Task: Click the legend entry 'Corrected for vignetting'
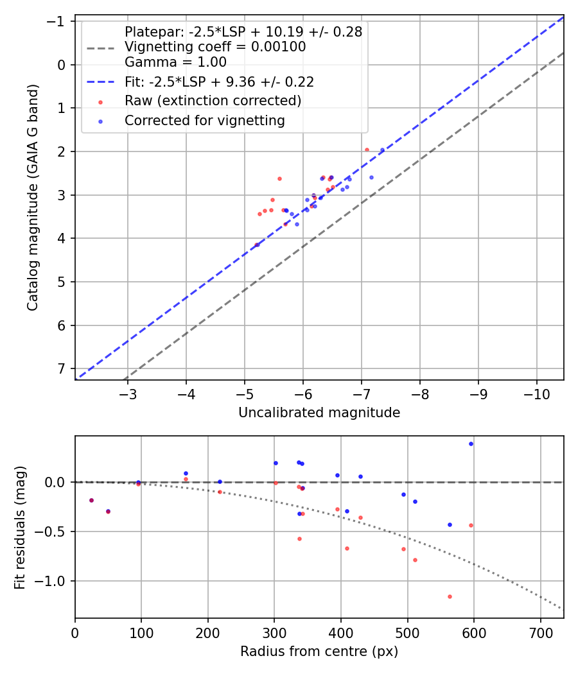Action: point(204,121)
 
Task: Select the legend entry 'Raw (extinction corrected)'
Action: point(213,101)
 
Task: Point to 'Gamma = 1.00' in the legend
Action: point(175,62)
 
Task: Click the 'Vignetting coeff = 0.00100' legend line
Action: point(215,47)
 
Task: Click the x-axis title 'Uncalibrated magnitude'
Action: point(319,413)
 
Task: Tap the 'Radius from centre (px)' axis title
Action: point(319,652)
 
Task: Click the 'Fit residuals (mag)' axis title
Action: point(19,527)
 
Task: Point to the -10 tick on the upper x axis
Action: point(537,393)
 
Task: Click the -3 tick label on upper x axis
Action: point(127,393)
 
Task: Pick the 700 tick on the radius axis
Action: point(540,632)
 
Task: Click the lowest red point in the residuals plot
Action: point(450,596)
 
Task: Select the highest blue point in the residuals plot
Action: point(471,444)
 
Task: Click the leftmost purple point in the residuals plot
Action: point(91,500)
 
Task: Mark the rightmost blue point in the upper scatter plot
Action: point(382,150)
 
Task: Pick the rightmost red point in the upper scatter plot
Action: point(367,150)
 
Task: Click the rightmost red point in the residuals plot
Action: point(471,525)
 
